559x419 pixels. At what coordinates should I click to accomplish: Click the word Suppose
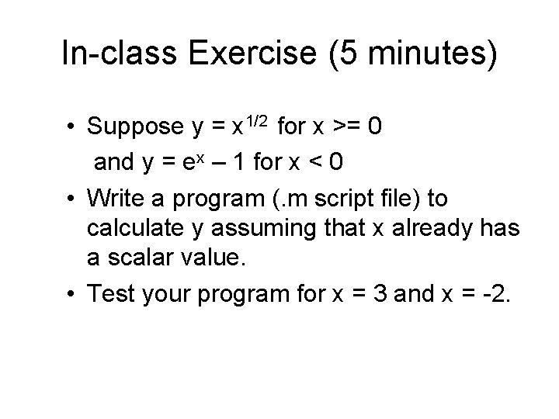[135, 126]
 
